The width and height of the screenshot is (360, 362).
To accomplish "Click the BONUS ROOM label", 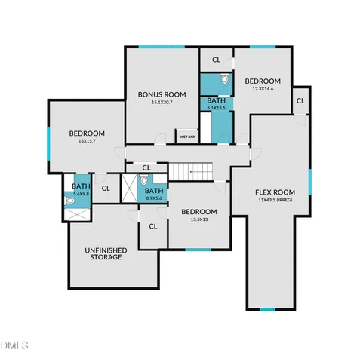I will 158,94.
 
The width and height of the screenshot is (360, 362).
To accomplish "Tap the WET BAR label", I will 186,137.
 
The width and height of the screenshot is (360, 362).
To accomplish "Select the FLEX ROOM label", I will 274,192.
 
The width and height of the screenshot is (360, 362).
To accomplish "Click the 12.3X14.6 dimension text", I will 262,89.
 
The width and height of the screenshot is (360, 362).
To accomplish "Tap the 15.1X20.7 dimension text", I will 158,102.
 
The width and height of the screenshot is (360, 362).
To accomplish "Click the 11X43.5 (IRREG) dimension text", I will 274,200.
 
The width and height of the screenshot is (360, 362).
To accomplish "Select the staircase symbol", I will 190,172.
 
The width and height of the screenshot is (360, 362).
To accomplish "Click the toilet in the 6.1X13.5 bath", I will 224,79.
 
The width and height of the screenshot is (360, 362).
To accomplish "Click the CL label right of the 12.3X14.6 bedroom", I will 300,100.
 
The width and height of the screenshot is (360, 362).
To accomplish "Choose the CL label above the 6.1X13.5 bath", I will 216,59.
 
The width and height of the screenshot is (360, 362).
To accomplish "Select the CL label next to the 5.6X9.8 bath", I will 106,189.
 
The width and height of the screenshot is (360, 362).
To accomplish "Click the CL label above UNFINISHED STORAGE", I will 152,225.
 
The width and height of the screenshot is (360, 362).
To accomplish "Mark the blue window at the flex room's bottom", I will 267,309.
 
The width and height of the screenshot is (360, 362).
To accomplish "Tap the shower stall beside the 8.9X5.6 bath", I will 128,189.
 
